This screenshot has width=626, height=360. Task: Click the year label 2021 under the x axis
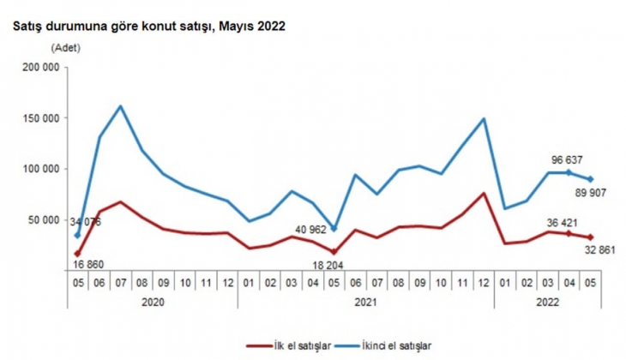tap(366, 301)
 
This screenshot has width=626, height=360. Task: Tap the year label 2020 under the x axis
tap(153, 301)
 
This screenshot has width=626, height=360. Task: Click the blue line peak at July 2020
tap(121, 106)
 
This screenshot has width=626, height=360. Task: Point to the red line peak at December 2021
tap(484, 193)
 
